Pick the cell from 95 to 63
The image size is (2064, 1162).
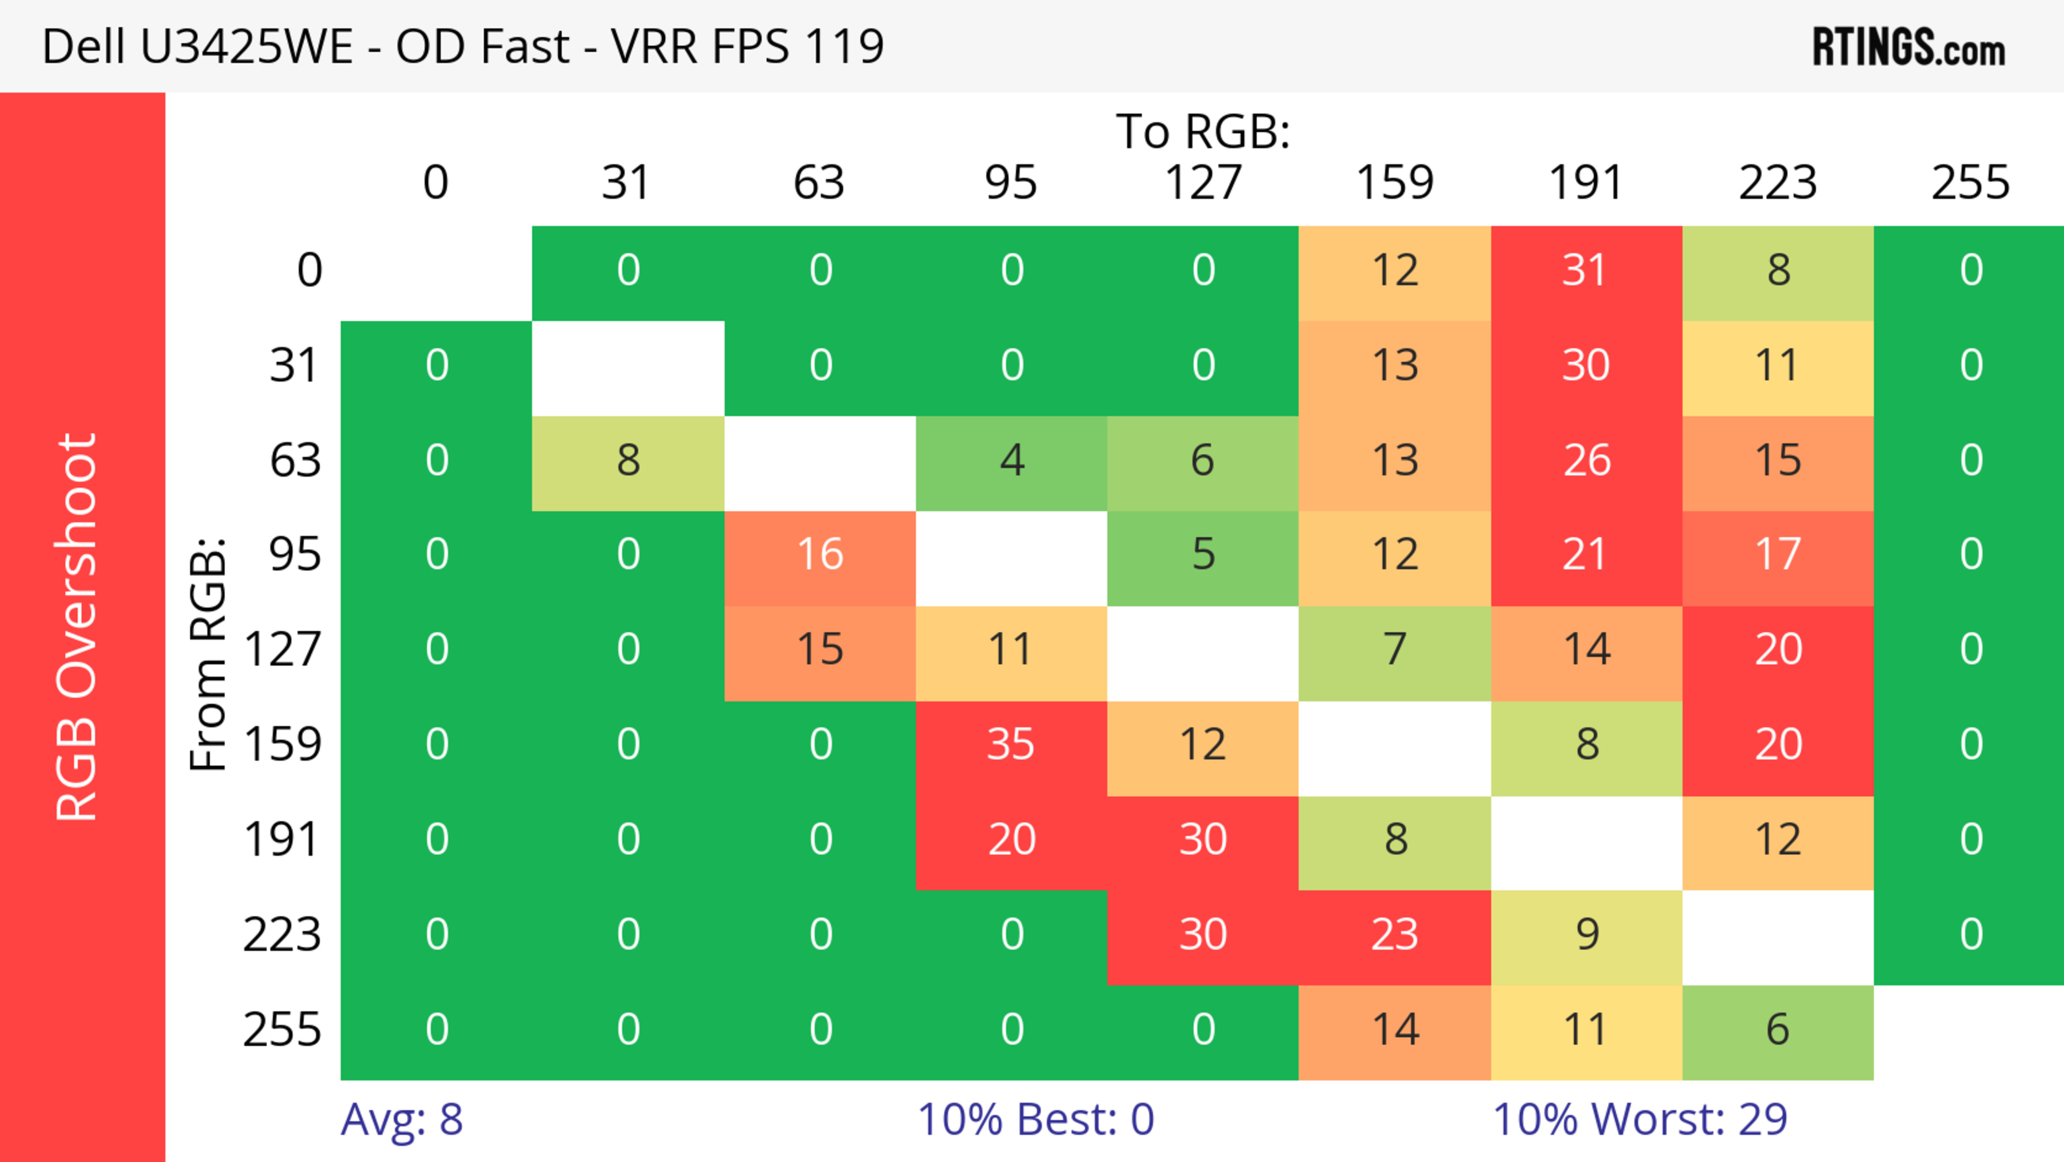click(820, 554)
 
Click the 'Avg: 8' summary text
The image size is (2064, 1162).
click(402, 1119)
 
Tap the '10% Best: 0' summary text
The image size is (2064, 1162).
click(1035, 1119)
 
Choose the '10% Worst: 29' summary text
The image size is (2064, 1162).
click(1639, 1119)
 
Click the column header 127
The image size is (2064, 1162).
click(1203, 183)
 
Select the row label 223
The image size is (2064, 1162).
click(282, 935)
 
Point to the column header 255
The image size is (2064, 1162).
click(1970, 183)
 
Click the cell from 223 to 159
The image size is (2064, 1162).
click(1394, 935)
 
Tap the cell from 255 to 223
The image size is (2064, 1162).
click(1778, 1030)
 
